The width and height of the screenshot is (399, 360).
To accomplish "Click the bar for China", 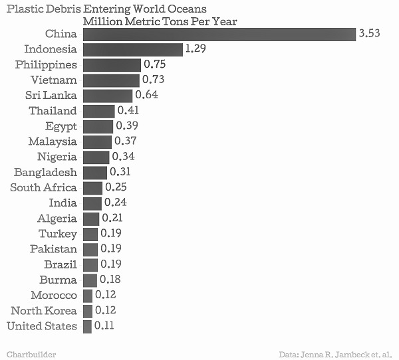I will pos(219,34).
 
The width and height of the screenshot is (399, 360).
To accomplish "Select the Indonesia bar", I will pos(132,50).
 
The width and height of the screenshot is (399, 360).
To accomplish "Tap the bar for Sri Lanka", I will pos(108,96).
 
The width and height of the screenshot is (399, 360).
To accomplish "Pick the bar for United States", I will pos(87,326).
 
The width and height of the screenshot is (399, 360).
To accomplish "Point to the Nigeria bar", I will pos(96,157).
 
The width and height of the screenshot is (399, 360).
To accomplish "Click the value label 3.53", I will pos(369,33).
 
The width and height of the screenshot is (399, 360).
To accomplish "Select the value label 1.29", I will pos(197,49).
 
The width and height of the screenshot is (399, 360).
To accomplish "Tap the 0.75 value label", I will pos(154,64).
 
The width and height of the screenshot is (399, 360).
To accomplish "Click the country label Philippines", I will pos(46,65).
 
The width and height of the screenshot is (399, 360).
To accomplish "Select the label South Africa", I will pos(43,188).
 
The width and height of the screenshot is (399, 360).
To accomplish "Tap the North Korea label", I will pos(44,311).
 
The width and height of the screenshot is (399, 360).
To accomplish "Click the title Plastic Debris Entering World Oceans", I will pos(106,9).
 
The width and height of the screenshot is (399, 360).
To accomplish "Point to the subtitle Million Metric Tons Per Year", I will pos(160,21).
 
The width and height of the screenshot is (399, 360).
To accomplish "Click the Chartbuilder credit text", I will pos(31,353).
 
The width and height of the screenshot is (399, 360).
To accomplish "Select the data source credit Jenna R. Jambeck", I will pos(335,353).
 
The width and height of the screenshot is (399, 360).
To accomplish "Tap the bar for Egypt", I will pos(98,126).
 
